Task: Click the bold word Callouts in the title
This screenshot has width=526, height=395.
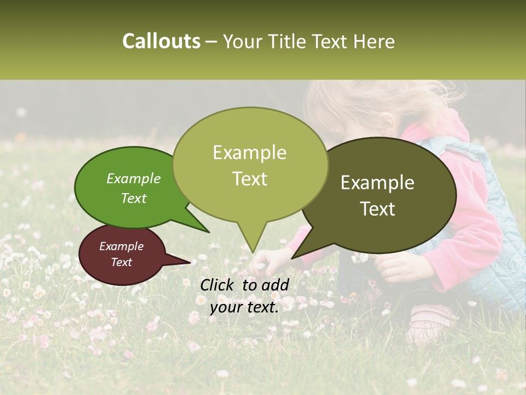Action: [x=161, y=41]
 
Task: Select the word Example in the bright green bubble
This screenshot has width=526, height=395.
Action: [x=133, y=178]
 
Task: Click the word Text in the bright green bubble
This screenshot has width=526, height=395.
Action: [x=133, y=198]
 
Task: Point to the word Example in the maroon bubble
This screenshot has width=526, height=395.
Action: [x=121, y=246]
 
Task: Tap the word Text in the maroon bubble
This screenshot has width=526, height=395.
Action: [x=121, y=262]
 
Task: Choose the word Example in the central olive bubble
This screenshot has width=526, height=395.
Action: [x=249, y=153]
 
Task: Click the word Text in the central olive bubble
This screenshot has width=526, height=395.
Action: [x=249, y=179]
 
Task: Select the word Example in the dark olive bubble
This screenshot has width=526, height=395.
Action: [x=378, y=183]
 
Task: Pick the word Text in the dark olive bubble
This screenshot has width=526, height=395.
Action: [x=378, y=209]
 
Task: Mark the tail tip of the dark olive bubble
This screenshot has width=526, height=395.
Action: [x=292, y=258]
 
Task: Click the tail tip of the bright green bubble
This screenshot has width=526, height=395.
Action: [x=209, y=232]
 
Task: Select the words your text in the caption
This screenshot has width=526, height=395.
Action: [x=244, y=307]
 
